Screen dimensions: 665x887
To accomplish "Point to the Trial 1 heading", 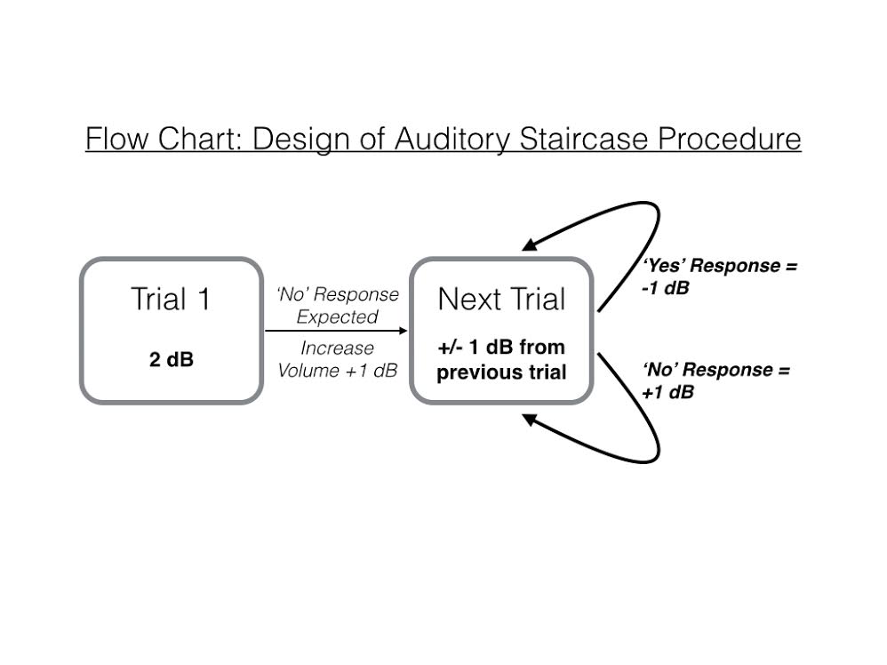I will [x=171, y=300].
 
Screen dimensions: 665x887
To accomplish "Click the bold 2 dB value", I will [x=171, y=361].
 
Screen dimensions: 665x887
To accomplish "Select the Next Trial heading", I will [x=501, y=300].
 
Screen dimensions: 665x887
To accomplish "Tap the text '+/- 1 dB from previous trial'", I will [x=501, y=358].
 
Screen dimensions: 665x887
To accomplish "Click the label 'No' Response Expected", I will [x=336, y=305].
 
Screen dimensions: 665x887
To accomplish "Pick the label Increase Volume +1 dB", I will [x=336, y=358].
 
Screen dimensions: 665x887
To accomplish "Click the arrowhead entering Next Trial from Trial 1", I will [x=401, y=331].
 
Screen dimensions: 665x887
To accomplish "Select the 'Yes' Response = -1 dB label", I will [x=719, y=277].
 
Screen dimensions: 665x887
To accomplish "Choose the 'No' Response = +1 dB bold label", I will [x=715, y=381].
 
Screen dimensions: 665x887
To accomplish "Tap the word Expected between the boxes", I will [x=337, y=316].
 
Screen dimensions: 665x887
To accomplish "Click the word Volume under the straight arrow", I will [x=306, y=370].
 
